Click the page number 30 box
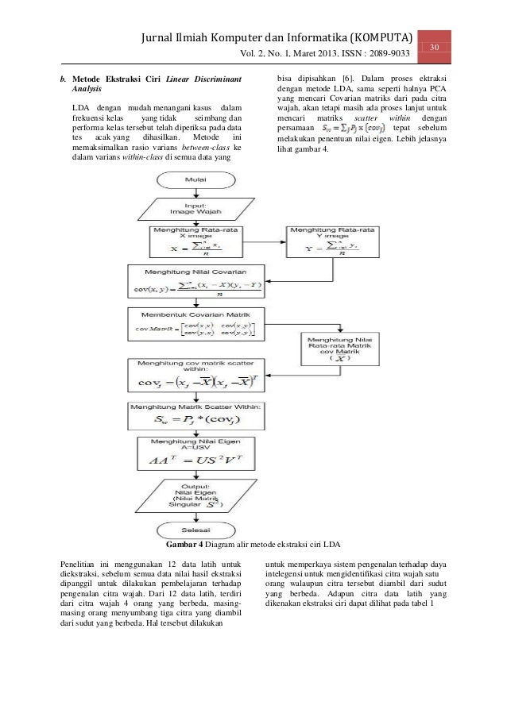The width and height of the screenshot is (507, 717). click(435, 48)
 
